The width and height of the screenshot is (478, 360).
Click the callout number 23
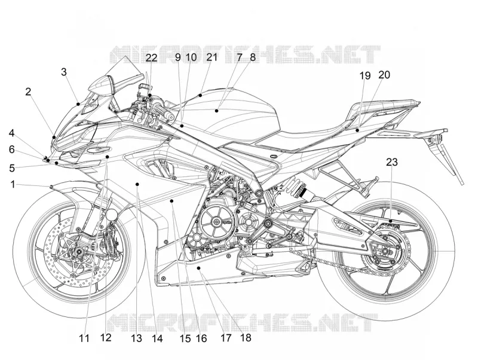(392, 162)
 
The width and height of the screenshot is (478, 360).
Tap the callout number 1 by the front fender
(13, 184)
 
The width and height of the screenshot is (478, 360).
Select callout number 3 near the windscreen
(64, 72)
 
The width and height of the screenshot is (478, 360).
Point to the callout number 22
(151, 57)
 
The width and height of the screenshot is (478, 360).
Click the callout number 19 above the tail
(364, 75)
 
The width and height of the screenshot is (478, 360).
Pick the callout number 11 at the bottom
(84, 338)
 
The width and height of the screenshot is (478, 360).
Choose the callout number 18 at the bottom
(246, 337)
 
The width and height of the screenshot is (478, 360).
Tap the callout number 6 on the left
(11, 150)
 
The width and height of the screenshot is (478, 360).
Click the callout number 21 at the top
(212, 57)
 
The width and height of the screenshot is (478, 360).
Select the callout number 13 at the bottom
(137, 338)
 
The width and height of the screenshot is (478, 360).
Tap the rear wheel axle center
(385, 251)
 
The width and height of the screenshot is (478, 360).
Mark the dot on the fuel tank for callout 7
(216, 111)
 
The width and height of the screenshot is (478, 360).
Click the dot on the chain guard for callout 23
(391, 221)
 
